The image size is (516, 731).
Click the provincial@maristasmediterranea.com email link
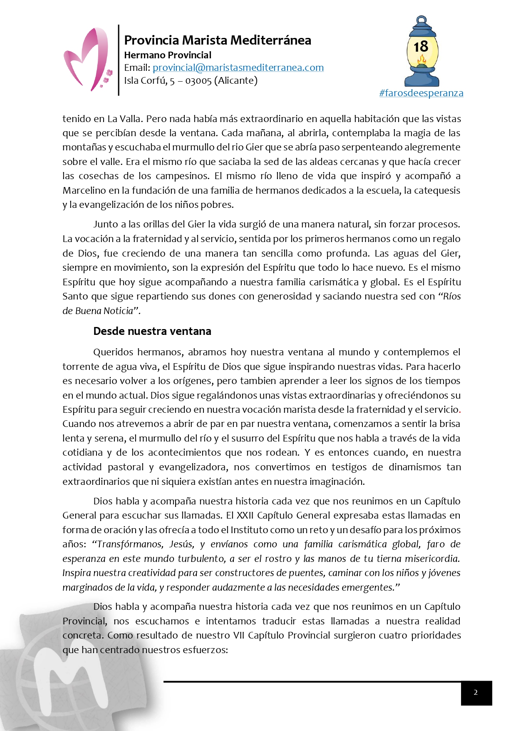point(238,67)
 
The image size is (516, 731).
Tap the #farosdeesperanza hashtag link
point(421,93)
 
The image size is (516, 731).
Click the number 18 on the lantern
point(421,47)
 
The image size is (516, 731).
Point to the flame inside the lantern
point(422,61)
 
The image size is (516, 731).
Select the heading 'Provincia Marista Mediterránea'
point(218,40)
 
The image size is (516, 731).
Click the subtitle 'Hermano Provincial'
point(168,55)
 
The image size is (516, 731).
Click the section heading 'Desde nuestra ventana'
point(152,331)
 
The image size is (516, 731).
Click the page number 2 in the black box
point(476,692)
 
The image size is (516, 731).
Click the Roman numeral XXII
point(245,515)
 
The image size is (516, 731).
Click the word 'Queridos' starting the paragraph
point(113,352)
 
